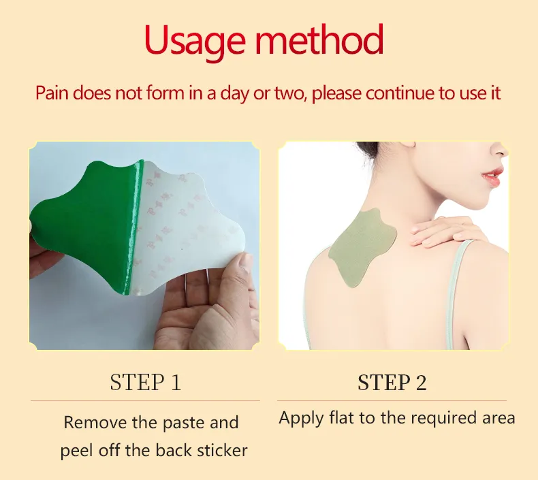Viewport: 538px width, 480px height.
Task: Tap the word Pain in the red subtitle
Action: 52,93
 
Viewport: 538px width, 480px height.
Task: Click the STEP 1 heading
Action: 145,382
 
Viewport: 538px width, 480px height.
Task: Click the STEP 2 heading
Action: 392,382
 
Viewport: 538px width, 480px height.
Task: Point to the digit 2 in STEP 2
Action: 421,382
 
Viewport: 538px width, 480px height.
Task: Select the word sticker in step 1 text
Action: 222,450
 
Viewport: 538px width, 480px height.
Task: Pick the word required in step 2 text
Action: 443,419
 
